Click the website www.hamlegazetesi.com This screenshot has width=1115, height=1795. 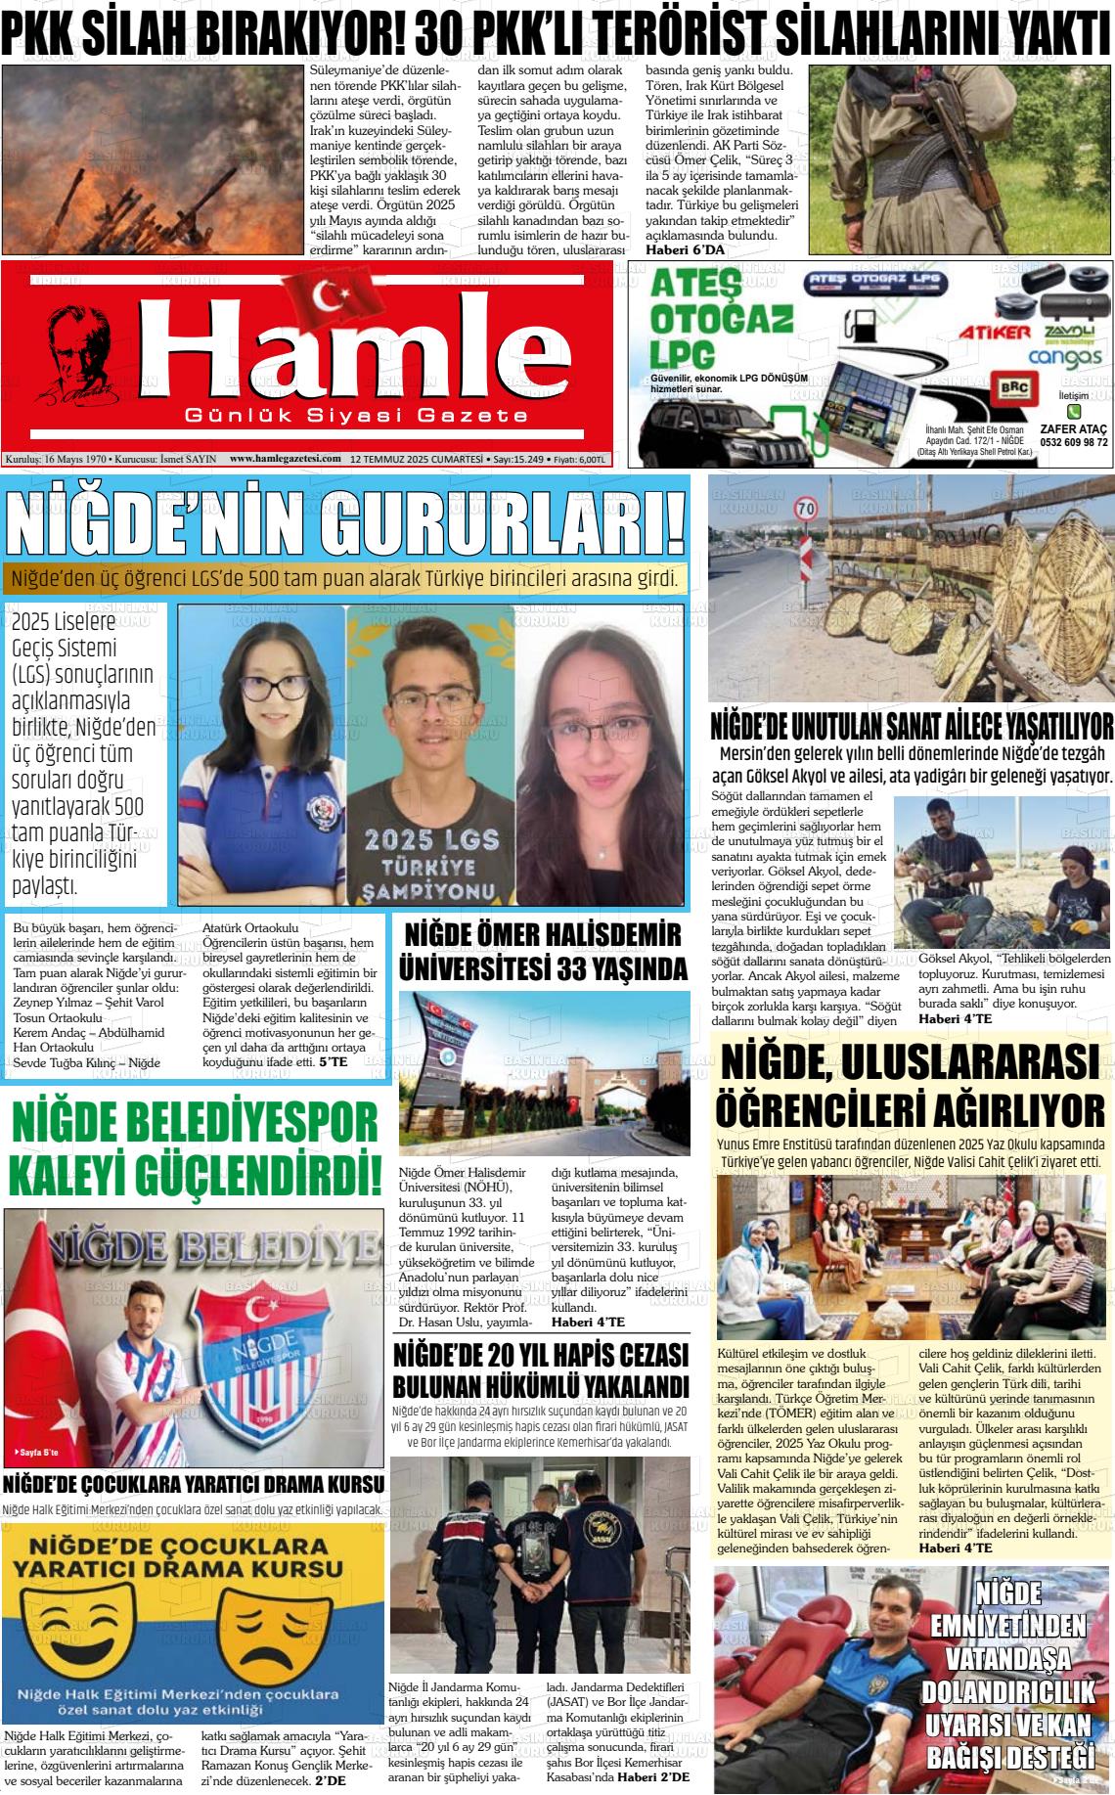click(285, 458)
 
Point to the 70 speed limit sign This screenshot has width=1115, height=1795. click(806, 509)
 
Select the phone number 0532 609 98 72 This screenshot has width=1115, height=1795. click(1072, 441)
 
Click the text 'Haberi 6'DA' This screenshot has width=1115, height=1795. click(685, 250)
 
